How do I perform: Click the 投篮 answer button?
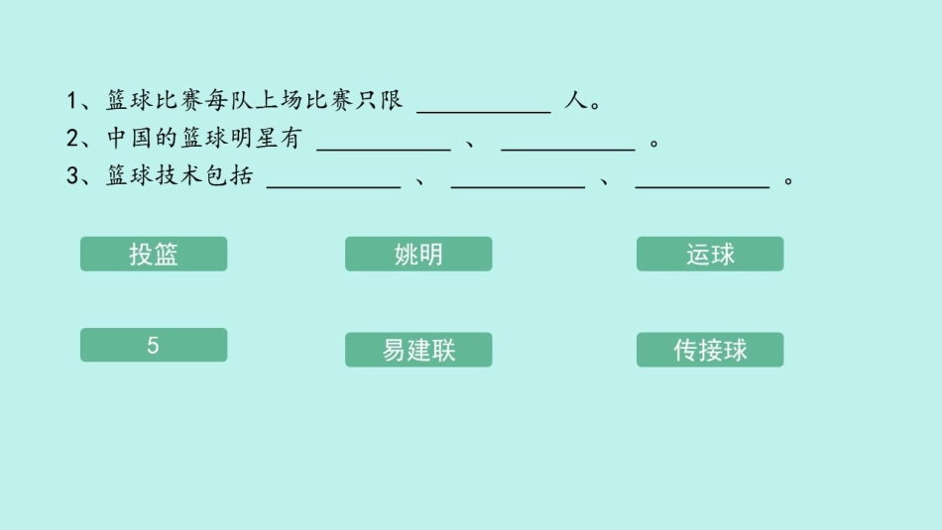pyautogui.click(x=154, y=254)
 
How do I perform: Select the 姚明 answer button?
pyautogui.click(x=418, y=254)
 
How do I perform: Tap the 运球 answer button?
pyautogui.click(x=710, y=254)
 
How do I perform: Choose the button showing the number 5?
pyautogui.click(x=154, y=345)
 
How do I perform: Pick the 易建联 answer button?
pyautogui.click(x=418, y=350)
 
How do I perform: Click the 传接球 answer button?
pyautogui.click(x=710, y=350)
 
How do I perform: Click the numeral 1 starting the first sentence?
pyautogui.click(x=72, y=101)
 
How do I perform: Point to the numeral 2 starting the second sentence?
pyautogui.click(x=72, y=139)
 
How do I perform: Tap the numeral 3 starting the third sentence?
pyautogui.click(x=72, y=176)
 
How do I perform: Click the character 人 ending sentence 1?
pyautogui.click(x=575, y=101)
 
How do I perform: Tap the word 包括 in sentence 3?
pyautogui.click(x=229, y=176)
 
